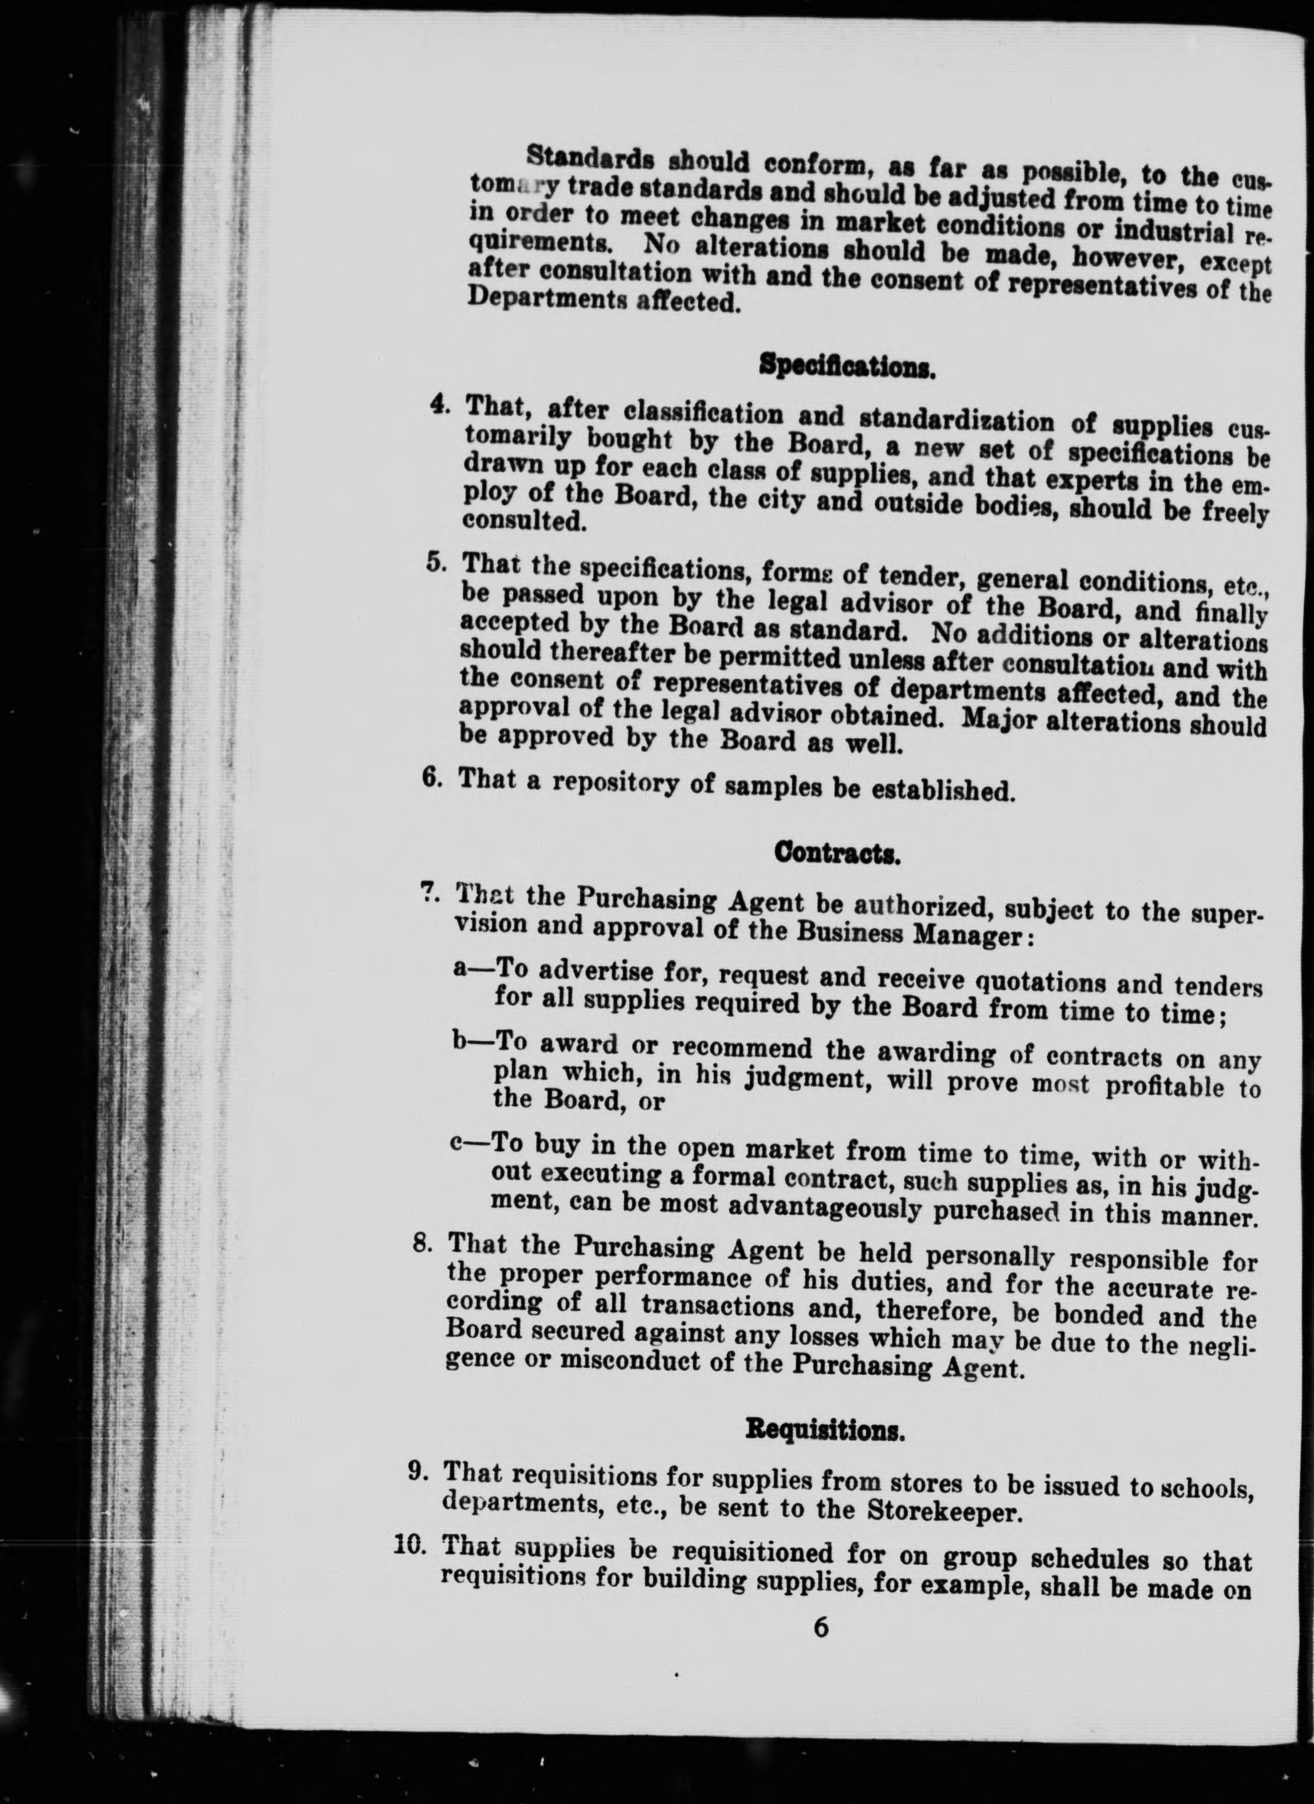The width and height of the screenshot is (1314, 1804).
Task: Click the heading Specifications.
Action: click(x=847, y=367)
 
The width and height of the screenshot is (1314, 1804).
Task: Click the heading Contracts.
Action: click(x=837, y=854)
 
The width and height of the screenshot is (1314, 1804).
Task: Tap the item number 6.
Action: click(x=432, y=776)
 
